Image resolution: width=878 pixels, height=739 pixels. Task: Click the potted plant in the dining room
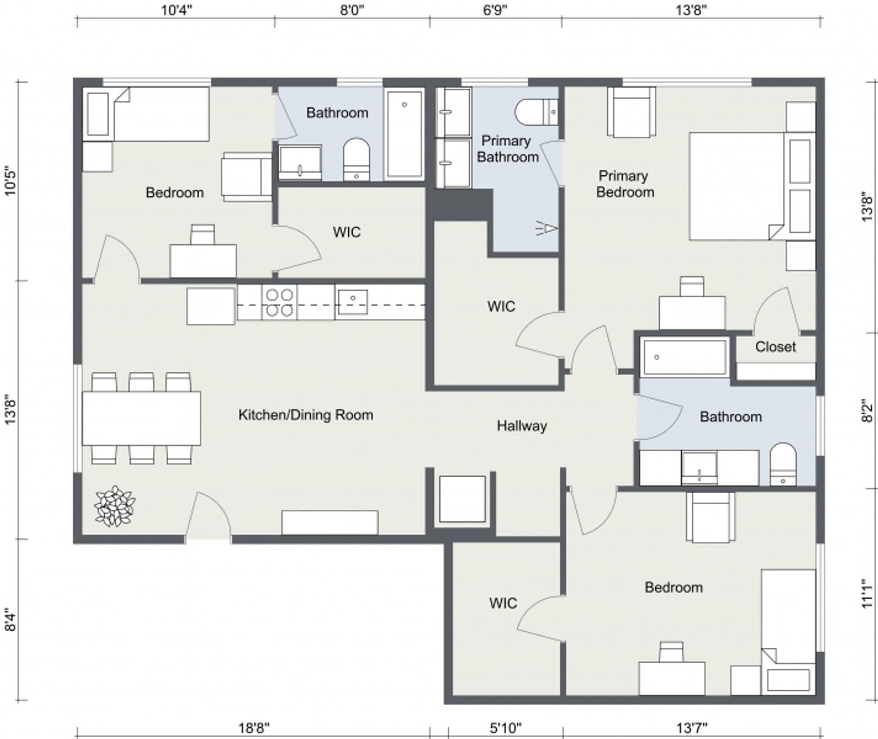click(x=115, y=506)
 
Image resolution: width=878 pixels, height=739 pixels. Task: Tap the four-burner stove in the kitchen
click(x=279, y=302)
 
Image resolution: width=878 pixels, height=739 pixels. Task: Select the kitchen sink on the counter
click(x=352, y=301)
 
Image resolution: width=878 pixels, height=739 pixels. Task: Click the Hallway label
click(x=522, y=426)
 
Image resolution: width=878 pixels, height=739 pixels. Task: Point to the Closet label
click(x=775, y=347)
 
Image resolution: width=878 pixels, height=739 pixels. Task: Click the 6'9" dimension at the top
click(x=495, y=10)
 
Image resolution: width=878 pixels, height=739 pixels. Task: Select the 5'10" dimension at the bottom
click(x=505, y=728)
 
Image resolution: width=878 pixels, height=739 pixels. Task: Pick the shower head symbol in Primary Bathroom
click(x=547, y=228)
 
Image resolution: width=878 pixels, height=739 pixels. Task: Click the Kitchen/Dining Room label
click(x=305, y=415)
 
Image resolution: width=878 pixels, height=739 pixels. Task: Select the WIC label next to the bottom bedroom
click(x=503, y=603)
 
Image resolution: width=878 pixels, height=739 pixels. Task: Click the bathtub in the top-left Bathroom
click(x=404, y=134)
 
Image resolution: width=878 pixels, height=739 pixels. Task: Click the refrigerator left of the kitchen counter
click(x=211, y=306)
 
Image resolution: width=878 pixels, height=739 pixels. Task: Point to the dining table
click(x=141, y=418)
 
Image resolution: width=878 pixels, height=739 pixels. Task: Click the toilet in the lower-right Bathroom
click(x=783, y=465)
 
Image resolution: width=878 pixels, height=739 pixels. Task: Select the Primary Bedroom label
click(x=624, y=184)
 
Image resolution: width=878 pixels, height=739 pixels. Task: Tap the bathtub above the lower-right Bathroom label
click(x=684, y=357)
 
